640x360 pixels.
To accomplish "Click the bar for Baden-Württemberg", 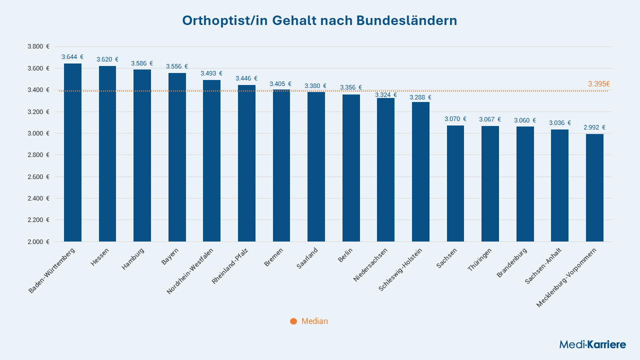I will click(72, 152).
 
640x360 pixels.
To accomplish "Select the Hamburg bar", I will click(142, 155).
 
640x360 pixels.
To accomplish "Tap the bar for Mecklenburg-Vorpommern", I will click(594, 188).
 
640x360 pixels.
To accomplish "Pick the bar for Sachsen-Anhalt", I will click(559, 185).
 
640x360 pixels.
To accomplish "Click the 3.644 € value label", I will click(72, 57).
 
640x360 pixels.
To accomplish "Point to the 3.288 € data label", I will click(420, 97).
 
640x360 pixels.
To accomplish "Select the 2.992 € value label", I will click(594, 127).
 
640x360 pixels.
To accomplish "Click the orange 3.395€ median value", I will click(598, 84).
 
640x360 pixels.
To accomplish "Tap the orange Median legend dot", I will click(293, 321).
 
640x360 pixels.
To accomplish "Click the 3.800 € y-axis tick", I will click(38, 46).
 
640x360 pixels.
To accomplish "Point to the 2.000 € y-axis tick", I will click(38, 242).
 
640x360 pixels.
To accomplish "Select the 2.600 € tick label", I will click(38, 177).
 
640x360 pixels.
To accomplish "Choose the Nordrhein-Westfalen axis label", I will click(190, 270).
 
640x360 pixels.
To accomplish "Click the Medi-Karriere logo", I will click(592, 344).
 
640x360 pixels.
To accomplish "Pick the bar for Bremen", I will click(281, 165).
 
